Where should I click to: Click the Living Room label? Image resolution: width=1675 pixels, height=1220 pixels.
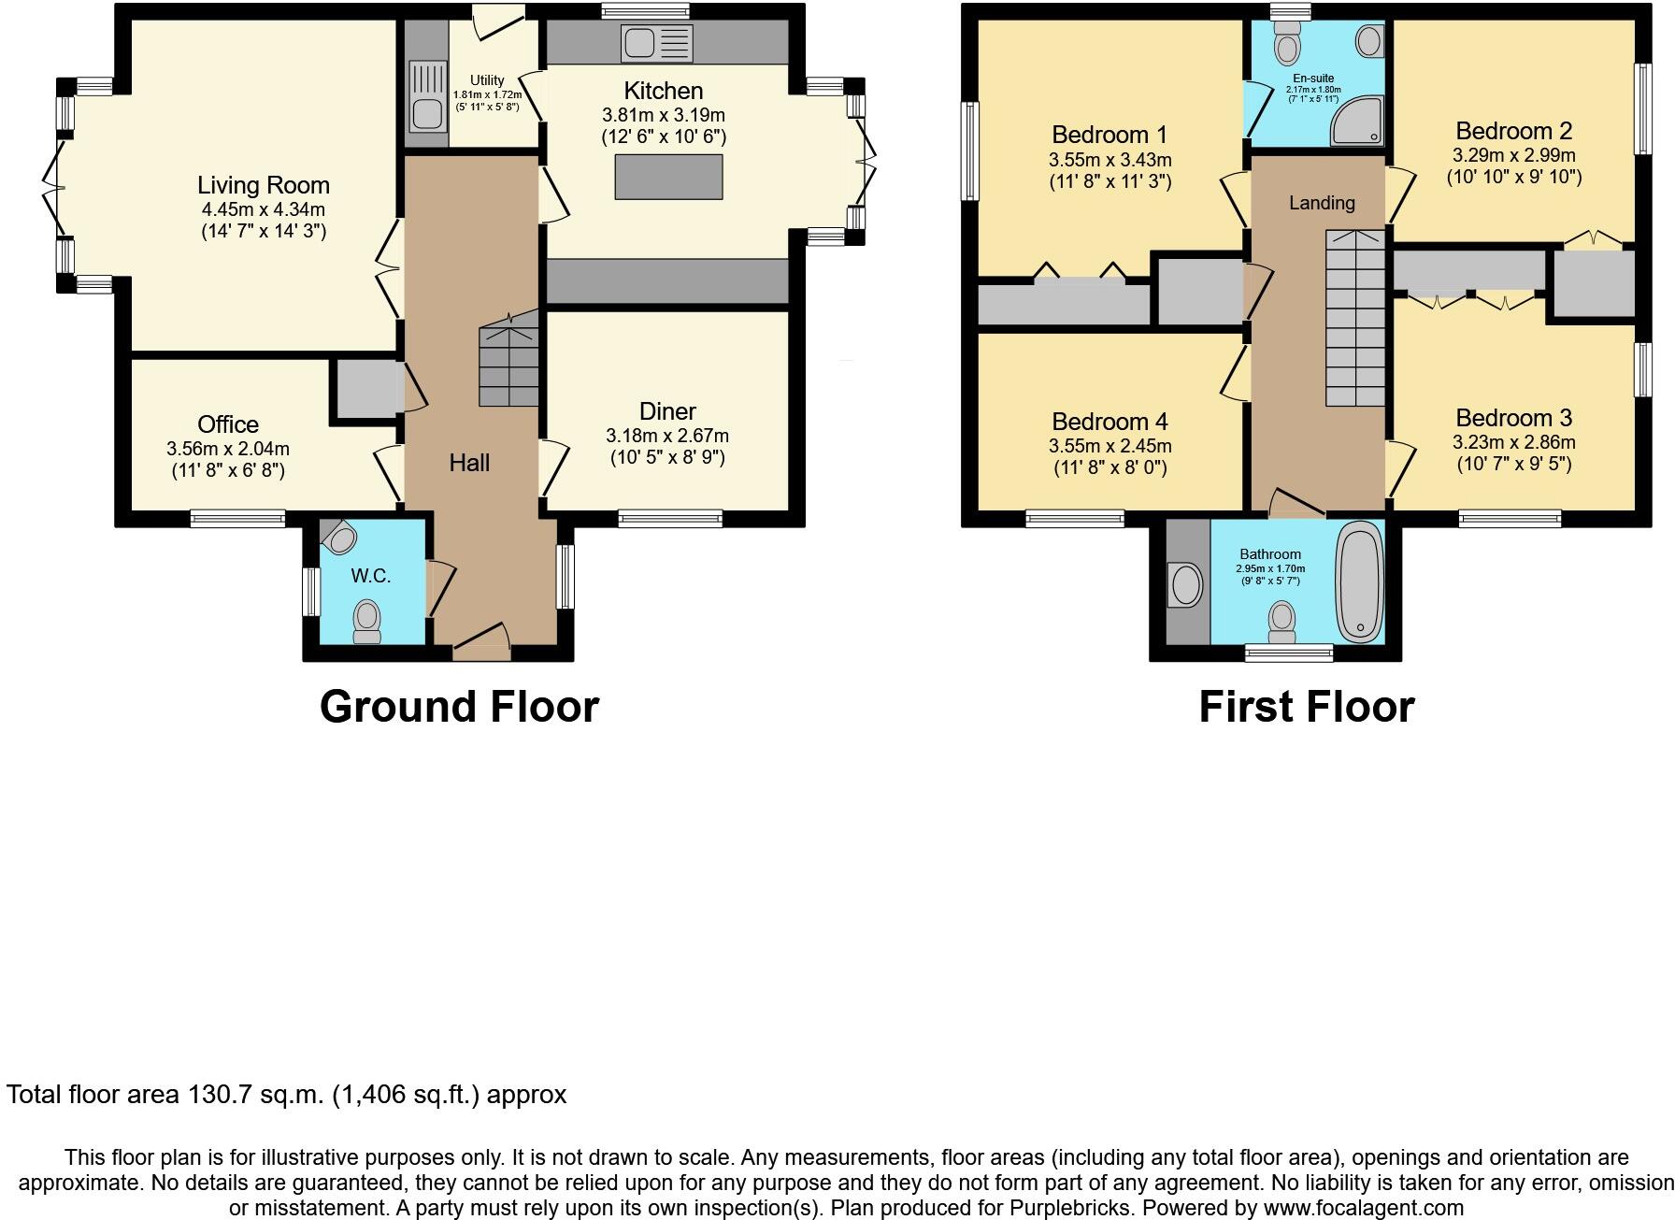click(263, 185)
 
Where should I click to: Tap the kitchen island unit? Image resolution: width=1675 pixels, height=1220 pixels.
click(668, 177)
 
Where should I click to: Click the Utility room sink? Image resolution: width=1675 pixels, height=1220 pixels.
click(427, 111)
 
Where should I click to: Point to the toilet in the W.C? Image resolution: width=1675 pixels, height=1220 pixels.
click(366, 620)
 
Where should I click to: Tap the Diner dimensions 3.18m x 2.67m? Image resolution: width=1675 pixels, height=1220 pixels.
click(667, 436)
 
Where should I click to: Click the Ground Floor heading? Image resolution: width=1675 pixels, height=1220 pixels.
click(459, 707)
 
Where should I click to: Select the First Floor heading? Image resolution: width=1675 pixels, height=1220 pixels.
click(1306, 707)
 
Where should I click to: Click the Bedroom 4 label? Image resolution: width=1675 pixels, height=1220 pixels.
click(1110, 422)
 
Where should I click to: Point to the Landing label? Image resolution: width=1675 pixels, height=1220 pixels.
click(1321, 203)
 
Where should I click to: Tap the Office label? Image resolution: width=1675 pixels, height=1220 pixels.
click(227, 424)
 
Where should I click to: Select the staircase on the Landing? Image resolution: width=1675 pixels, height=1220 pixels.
click(1355, 318)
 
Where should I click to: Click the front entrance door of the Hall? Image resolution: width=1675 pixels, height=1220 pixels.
click(482, 644)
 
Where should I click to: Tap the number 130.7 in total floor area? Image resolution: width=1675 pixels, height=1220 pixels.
click(222, 1095)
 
